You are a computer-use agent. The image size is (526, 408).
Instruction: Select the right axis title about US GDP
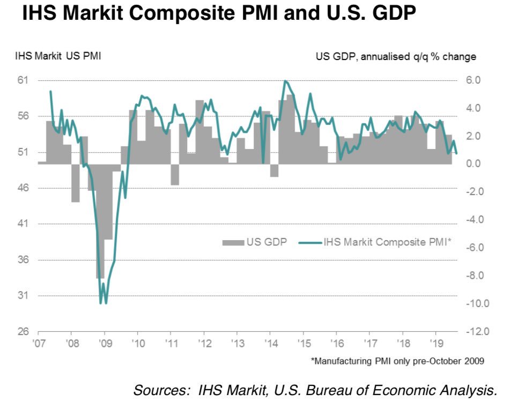[x=395, y=56]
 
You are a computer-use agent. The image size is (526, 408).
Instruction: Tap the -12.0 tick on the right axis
[x=477, y=332]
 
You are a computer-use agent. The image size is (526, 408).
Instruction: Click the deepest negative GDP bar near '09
[x=100, y=221]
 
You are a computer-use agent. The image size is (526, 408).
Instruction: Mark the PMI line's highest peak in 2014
[x=285, y=81]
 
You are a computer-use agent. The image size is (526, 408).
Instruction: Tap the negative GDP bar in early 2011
[x=175, y=174]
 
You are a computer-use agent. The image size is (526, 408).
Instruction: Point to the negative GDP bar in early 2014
[x=274, y=170]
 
